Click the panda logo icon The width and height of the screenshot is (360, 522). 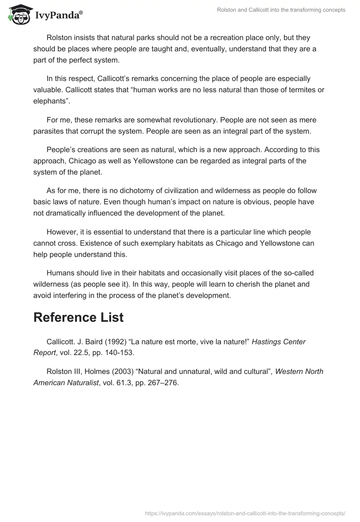pyautogui.click(x=18, y=15)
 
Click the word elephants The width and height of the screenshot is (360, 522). pyautogui.click(x=49, y=100)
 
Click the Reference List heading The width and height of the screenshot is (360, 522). pyautogui.click(x=78, y=317)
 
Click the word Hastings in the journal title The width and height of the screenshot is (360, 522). pyautogui.click(x=267, y=342)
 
